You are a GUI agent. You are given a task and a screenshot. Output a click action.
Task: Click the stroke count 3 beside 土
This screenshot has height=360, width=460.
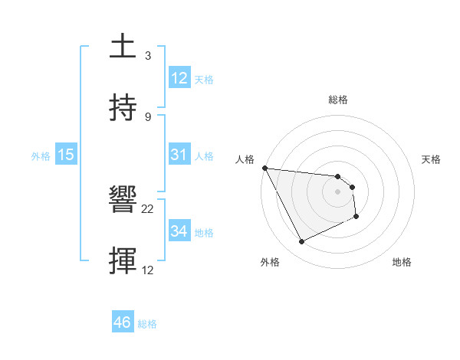pyautogui.click(x=148, y=56)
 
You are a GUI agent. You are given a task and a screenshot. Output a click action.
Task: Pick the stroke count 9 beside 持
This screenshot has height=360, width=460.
pyautogui.click(x=148, y=116)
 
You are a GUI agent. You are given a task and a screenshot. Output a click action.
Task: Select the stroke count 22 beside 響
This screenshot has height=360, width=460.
pyautogui.click(x=148, y=209)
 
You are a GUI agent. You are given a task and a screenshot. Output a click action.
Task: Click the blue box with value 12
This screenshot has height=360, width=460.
pyautogui.click(x=179, y=79)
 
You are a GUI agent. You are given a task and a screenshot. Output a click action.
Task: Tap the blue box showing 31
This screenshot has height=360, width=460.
pyautogui.click(x=179, y=155)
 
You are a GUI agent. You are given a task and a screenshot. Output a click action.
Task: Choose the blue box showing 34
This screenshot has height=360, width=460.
pyautogui.click(x=179, y=231)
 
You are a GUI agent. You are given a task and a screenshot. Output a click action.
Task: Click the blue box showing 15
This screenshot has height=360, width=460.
pyautogui.click(x=66, y=155)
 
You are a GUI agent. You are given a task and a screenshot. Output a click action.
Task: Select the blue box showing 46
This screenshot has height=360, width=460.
pyautogui.click(x=123, y=322)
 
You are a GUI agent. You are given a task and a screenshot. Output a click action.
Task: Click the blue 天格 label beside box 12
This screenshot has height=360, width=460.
pyautogui.click(x=204, y=80)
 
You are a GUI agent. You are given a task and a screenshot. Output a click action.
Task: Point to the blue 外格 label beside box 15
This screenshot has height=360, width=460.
pyautogui.click(x=41, y=156)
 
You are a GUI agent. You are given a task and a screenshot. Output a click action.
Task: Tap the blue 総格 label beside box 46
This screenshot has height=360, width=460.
pyautogui.click(x=147, y=324)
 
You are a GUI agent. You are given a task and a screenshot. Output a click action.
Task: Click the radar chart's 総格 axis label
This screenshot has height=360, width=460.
pyautogui.click(x=337, y=100)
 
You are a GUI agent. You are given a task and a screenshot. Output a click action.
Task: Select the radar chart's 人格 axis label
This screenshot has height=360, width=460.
pyautogui.click(x=245, y=159)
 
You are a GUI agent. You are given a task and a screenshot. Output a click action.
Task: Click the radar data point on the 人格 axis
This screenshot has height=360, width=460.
pyautogui.click(x=265, y=168)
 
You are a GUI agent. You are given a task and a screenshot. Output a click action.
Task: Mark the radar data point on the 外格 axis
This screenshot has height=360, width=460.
pyautogui.click(x=301, y=242)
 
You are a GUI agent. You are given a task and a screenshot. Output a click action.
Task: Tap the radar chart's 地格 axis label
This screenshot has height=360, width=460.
pyautogui.click(x=402, y=262)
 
